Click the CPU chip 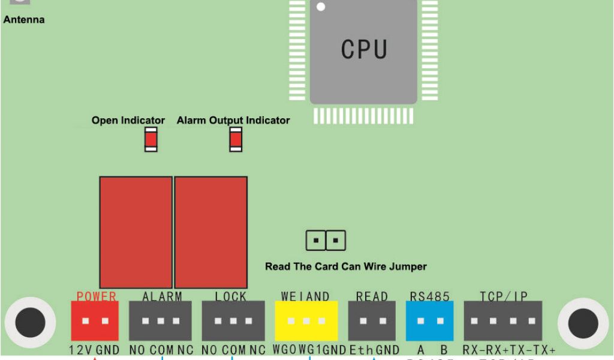click(x=363, y=50)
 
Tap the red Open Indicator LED click(x=151, y=140)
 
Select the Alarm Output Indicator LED click(x=236, y=140)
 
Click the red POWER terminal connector click(x=95, y=321)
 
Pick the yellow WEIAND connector click(x=306, y=321)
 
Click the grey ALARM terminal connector click(x=160, y=321)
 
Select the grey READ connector click(x=372, y=321)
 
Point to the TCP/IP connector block click(x=502, y=321)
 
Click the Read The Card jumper click(x=326, y=241)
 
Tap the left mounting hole click(x=30, y=323)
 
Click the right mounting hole click(x=583, y=323)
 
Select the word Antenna click(x=24, y=20)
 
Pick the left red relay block click(x=136, y=232)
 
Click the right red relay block click(x=211, y=232)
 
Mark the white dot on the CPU click(x=321, y=7)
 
